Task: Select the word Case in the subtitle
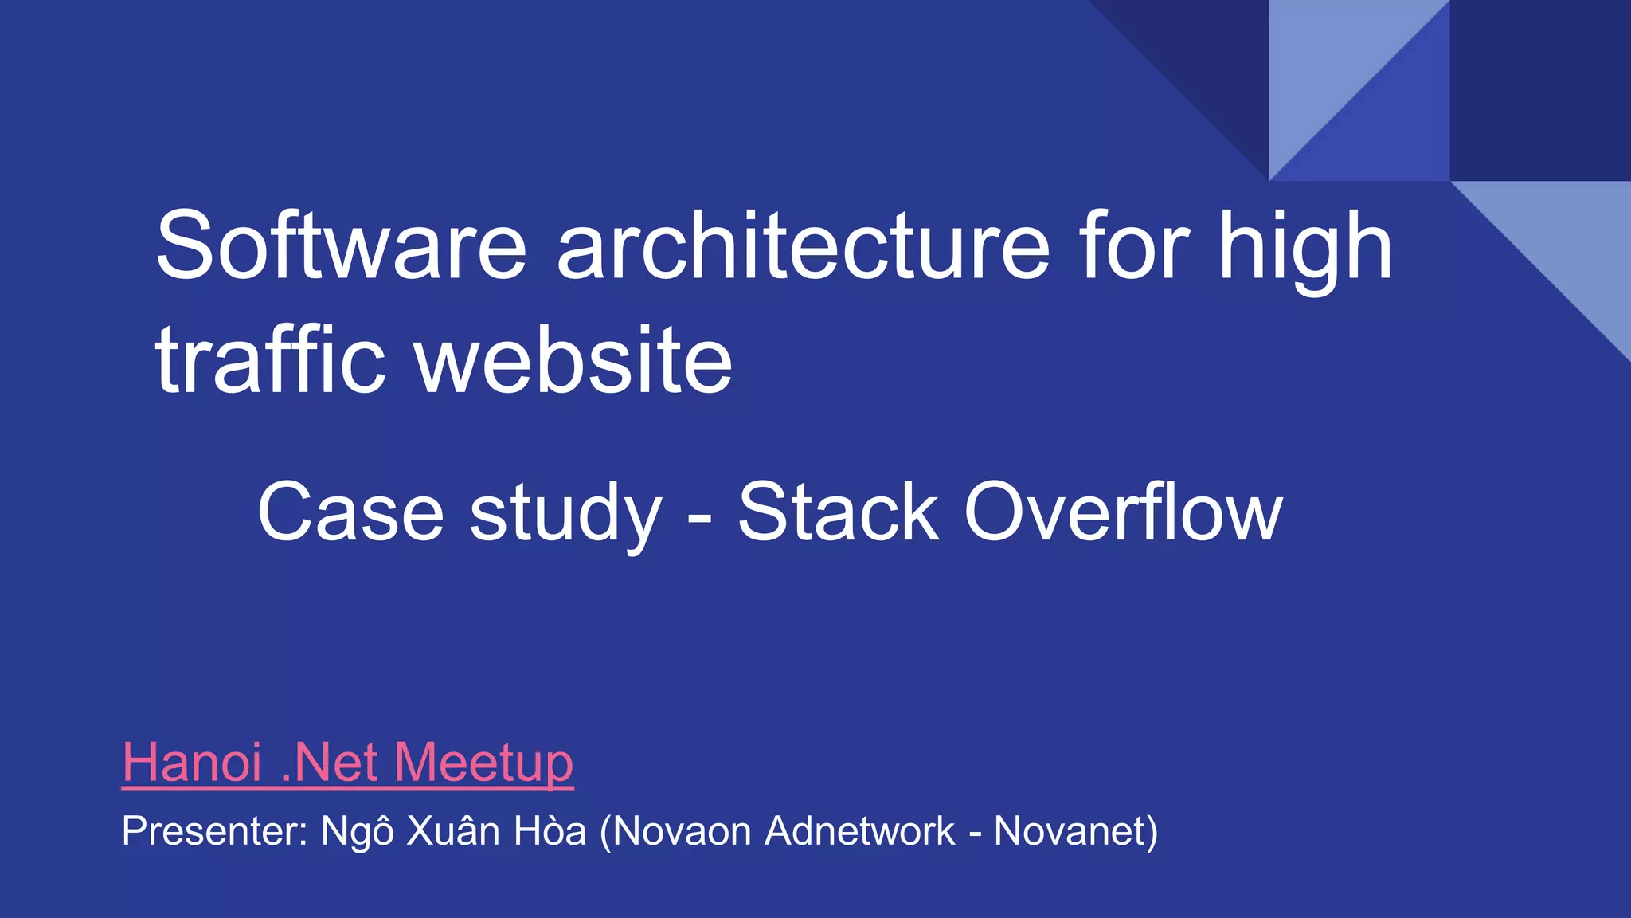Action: pos(350,512)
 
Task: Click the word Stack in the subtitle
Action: pos(838,512)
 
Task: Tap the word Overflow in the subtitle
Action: pos(1123,512)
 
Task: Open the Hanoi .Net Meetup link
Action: pos(347,763)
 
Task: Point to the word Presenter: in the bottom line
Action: pos(214,831)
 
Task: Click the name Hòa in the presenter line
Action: pos(550,830)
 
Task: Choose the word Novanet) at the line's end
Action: pos(1076,832)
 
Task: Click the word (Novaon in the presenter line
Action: pos(675,832)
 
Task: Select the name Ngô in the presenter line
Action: pos(357,832)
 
